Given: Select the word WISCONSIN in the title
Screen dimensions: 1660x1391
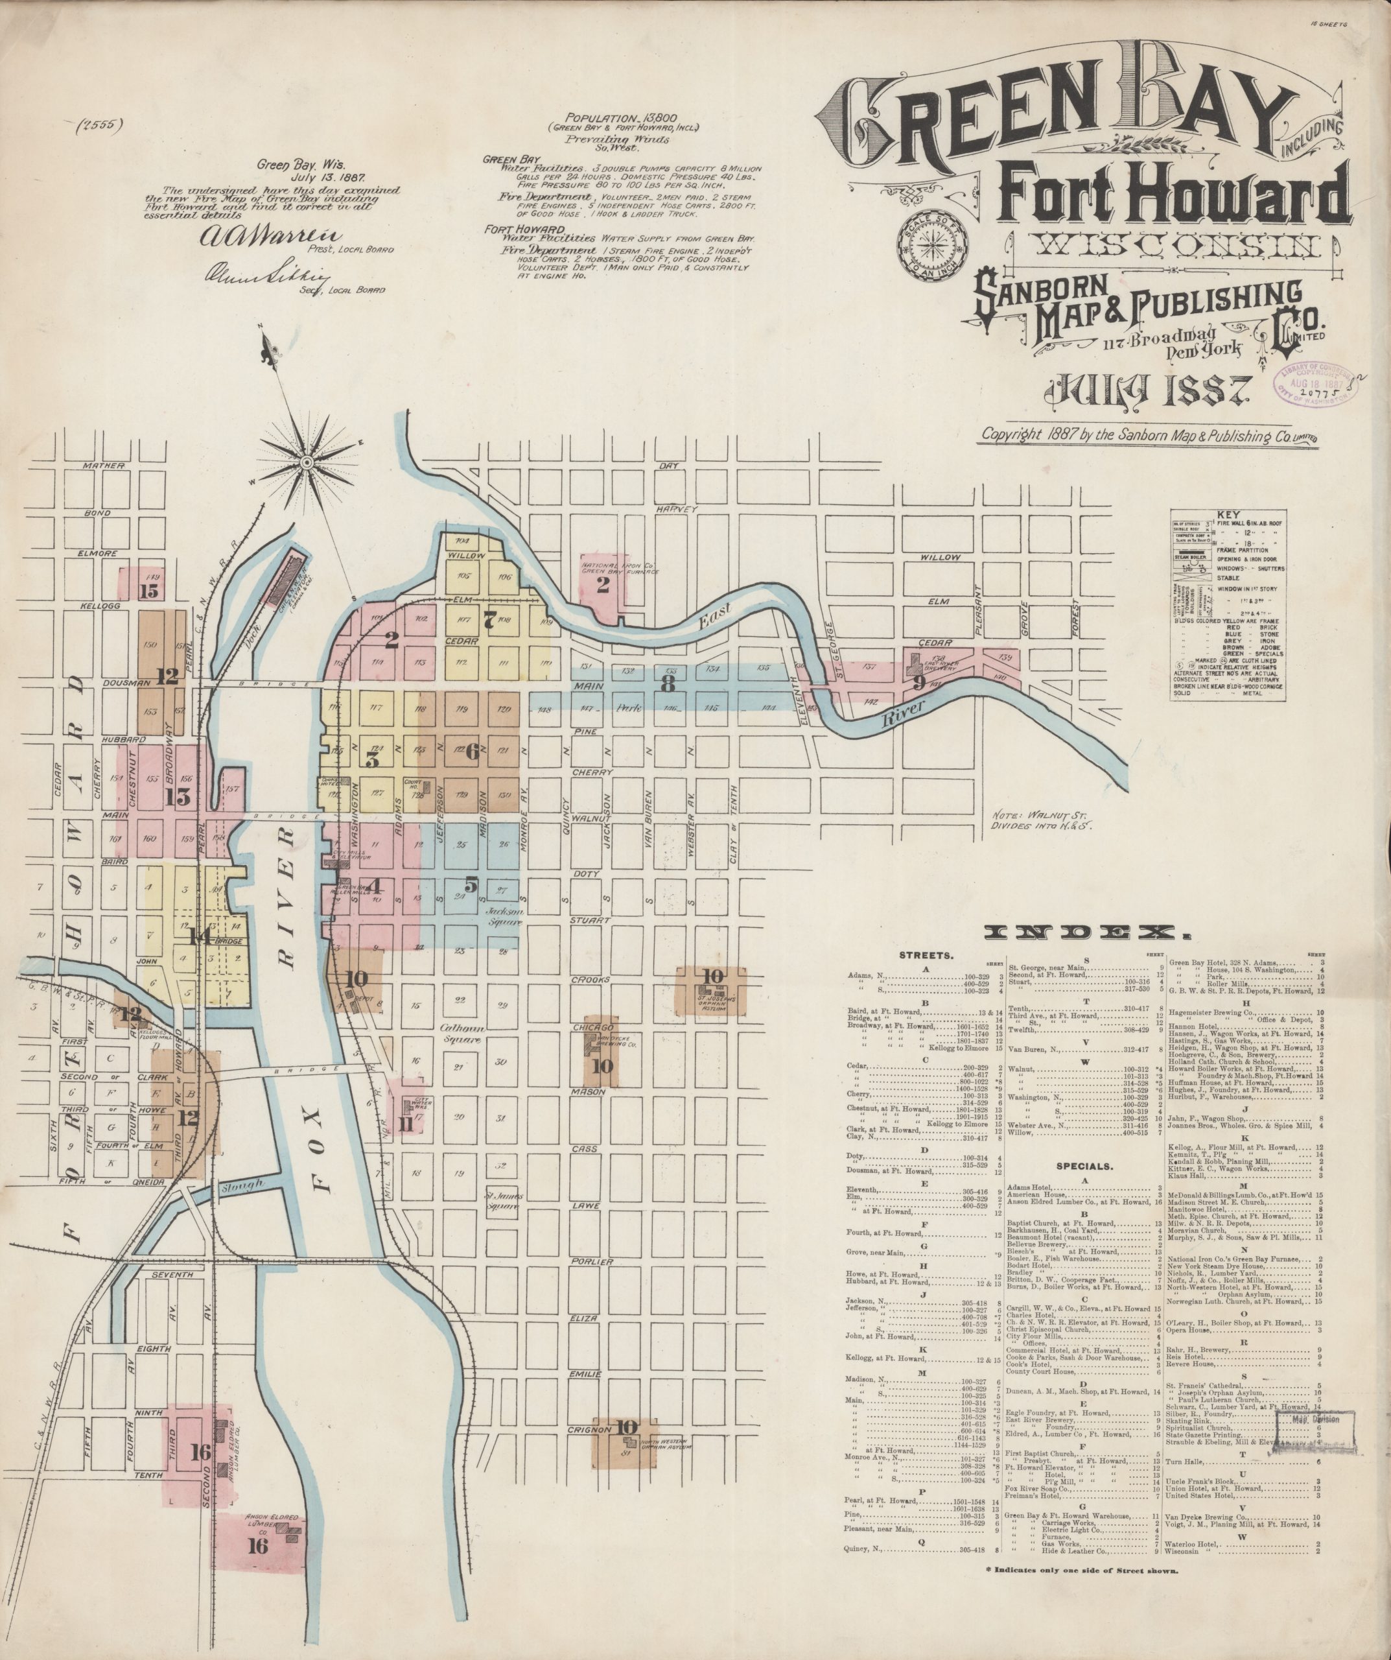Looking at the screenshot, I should (1171, 248).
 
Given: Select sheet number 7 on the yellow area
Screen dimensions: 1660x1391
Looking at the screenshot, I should (489, 621).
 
